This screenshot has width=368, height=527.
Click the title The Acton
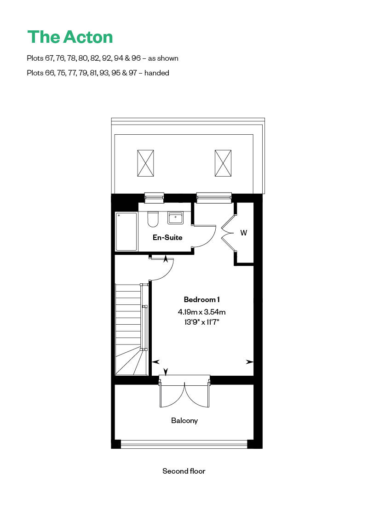point(70,37)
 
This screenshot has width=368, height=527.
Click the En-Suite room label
point(167,238)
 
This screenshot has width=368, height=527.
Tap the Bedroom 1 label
point(201,299)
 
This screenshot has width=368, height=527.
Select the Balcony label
point(184,420)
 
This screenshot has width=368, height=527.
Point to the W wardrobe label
point(244,233)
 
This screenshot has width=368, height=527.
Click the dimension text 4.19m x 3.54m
point(201,312)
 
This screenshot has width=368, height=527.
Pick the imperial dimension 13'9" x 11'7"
point(201,322)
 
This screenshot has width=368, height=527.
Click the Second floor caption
point(184,471)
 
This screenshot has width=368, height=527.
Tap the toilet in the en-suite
point(153,219)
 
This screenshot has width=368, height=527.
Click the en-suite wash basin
point(175,218)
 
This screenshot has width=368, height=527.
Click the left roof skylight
point(145,163)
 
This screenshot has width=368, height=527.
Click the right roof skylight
point(223,163)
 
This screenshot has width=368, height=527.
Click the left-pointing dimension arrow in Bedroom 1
point(155,362)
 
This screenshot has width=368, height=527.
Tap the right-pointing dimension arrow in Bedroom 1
point(250,362)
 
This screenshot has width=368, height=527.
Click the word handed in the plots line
point(157,73)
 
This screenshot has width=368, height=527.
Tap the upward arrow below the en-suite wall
point(166,260)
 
